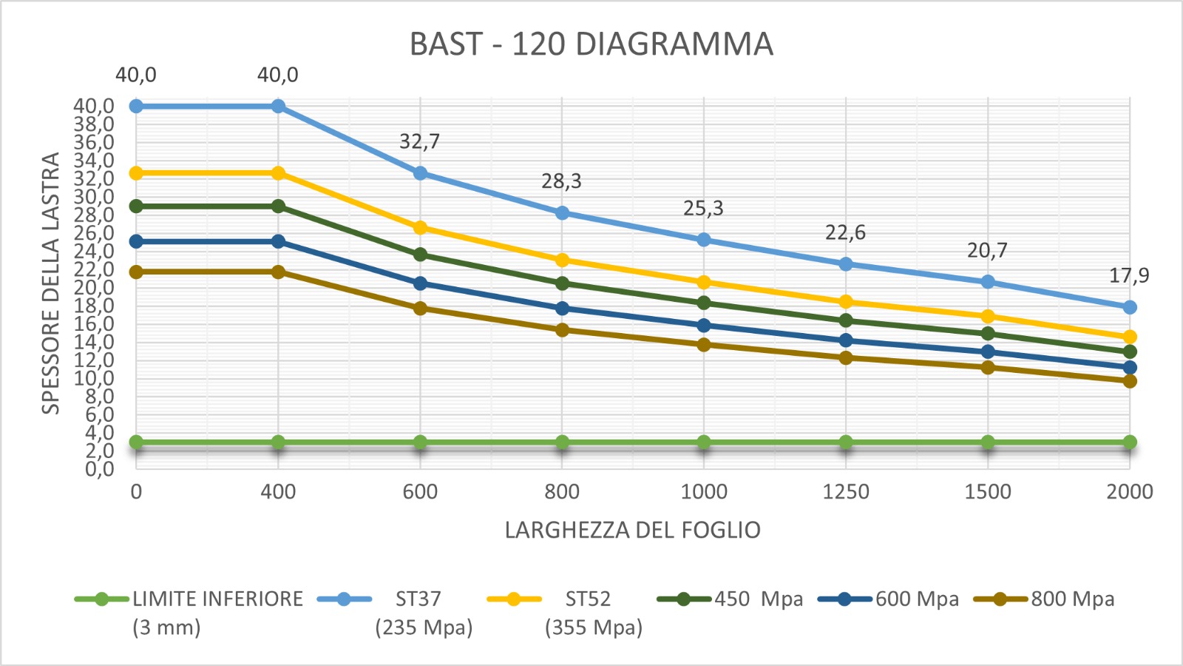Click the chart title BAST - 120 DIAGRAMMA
click(x=591, y=44)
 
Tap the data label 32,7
click(x=419, y=141)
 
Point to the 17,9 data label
click(x=1129, y=276)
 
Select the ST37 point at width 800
click(x=562, y=213)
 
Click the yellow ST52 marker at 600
click(x=420, y=228)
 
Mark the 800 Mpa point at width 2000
click(x=1130, y=381)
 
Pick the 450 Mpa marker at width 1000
click(x=704, y=303)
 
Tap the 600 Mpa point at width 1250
click(x=846, y=340)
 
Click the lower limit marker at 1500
click(x=988, y=443)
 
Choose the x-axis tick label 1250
click(x=846, y=492)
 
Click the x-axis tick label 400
click(x=278, y=492)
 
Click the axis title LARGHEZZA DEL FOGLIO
click(x=632, y=531)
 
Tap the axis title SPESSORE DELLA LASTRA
click(x=50, y=283)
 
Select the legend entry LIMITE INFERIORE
click(x=217, y=599)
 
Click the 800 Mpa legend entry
click(x=1072, y=599)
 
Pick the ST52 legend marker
click(x=514, y=599)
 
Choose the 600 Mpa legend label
click(x=917, y=599)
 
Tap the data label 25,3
click(x=703, y=209)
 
